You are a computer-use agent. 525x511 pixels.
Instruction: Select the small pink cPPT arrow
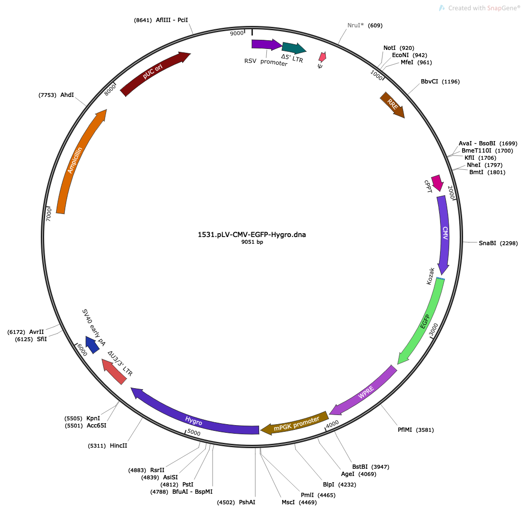(437, 183)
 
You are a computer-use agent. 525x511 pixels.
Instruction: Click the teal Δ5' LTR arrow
(294, 48)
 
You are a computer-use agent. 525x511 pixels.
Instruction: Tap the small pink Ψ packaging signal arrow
(322, 57)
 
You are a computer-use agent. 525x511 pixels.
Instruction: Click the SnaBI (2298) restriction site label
(498, 243)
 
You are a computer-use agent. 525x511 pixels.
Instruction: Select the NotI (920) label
(398, 48)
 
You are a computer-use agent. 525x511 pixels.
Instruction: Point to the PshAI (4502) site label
(236, 502)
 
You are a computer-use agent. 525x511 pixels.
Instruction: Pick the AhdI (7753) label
(56, 95)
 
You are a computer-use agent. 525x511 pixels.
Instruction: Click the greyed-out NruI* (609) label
(365, 25)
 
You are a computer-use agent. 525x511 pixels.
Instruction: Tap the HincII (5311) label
(107, 446)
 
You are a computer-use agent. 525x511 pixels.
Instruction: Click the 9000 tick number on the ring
(237, 33)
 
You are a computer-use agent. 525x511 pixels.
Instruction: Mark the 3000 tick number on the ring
(433, 330)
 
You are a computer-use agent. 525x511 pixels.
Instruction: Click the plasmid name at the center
(252, 235)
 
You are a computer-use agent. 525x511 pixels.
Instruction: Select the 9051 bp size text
(252, 242)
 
